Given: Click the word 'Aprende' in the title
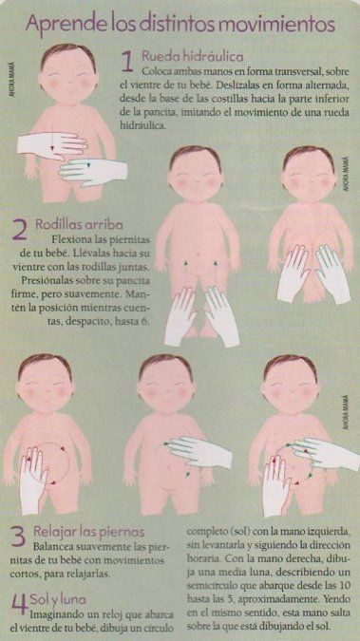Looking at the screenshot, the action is point(52,25).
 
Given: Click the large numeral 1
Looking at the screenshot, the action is point(127,63).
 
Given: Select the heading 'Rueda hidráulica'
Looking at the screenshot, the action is point(193,56).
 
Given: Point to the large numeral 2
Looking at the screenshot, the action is point(20,230).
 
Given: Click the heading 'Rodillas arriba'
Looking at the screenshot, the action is point(79,224).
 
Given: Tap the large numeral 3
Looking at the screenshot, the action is point(18,537).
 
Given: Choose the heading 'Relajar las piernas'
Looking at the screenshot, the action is point(88,532).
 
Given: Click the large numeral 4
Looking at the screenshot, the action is point(20,603).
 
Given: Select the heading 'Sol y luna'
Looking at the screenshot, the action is point(58,600).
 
